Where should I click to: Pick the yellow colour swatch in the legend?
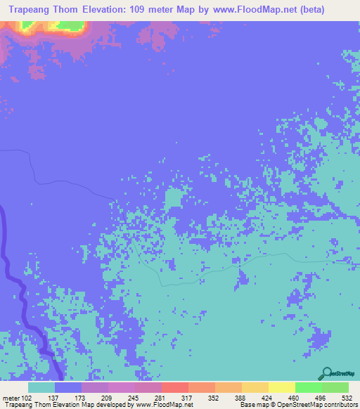282,388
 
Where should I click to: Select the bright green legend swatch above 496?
309,388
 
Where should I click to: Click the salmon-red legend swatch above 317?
175,388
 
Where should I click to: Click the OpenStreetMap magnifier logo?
326,372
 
